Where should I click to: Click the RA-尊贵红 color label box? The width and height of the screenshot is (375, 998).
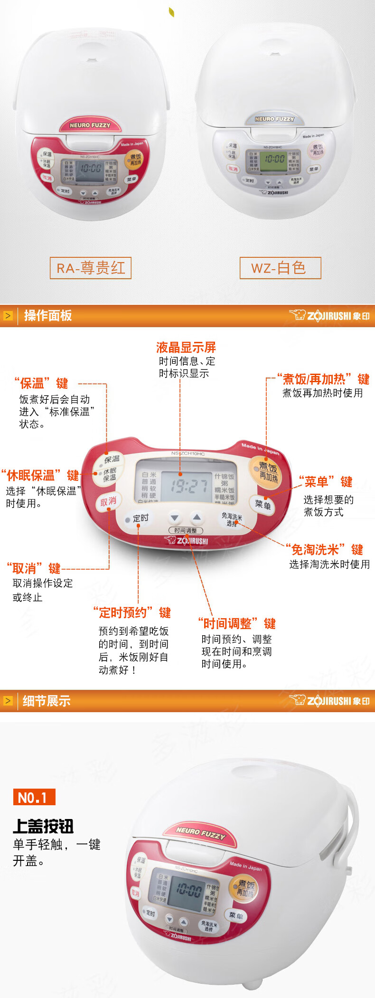click(x=91, y=268)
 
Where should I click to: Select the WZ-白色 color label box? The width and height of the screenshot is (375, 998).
click(x=280, y=268)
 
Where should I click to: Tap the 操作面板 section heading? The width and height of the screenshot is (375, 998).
click(x=48, y=316)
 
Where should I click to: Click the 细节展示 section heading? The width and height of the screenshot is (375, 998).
click(x=47, y=701)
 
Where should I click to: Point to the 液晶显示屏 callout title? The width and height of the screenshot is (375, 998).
click(x=186, y=347)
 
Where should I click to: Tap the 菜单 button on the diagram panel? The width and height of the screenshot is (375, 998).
click(x=262, y=504)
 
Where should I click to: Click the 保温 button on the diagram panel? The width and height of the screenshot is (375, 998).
click(x=112, y=460)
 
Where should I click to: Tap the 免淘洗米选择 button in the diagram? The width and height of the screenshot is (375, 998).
click(x=232, y=519)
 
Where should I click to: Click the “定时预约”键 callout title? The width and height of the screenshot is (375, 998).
click(x=132, y=612)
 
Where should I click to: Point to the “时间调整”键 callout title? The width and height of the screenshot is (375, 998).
click(x=236, y=623)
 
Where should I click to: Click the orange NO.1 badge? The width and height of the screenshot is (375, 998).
click(x=34, y=797)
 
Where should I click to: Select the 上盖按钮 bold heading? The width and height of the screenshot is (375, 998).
click(x=43, y=827)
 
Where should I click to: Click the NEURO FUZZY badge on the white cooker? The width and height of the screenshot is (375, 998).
click(x=274, y=119)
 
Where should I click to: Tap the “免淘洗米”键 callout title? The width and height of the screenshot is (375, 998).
click(x=325, y=550)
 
